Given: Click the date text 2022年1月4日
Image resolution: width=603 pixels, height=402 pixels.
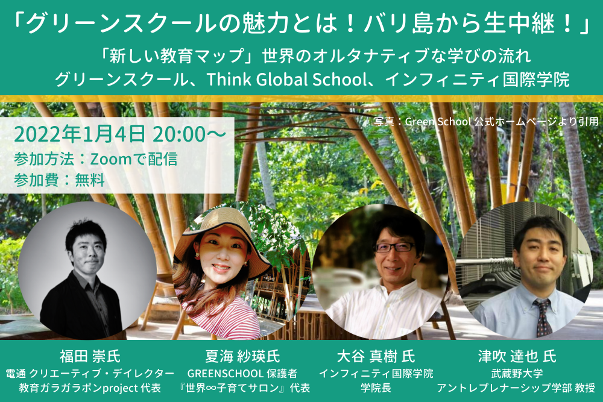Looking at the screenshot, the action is pos(80,134).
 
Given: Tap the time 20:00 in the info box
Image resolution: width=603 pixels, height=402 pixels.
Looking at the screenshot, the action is pos(179,134).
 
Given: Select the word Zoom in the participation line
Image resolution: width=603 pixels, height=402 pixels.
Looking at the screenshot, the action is pos(111,159).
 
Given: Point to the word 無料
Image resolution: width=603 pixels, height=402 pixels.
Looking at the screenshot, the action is pos(90,180).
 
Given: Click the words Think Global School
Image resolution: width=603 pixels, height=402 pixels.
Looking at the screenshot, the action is pos(287,79).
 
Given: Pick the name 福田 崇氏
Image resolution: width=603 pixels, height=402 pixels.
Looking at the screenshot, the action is pos(90,356).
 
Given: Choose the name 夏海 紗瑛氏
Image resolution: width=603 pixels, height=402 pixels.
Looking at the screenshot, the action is pos(242,356).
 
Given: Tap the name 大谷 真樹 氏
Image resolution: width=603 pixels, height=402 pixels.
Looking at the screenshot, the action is pos(376,356).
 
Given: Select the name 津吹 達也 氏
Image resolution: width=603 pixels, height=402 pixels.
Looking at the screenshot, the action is pos(517,356).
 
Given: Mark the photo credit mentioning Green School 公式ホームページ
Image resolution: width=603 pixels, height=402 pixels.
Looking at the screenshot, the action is pos(486,122).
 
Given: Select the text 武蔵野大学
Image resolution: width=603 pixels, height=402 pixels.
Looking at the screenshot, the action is pos(517,373).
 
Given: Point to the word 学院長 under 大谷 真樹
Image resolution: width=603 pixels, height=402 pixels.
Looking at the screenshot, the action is pos(376,388).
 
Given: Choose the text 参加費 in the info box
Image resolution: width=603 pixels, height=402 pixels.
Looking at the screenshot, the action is pos(36,180).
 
